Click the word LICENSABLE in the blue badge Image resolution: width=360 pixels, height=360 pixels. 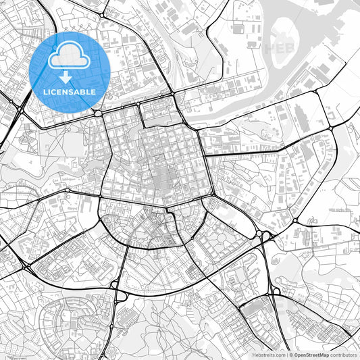click(x=70, y=91)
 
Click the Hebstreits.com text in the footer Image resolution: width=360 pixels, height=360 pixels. click(x=267, y=355)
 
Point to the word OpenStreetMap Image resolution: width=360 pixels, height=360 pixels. click(x=311, y=355)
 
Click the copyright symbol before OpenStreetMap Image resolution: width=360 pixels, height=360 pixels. click(x=291, y=355)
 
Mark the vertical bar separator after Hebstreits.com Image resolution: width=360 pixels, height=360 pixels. click(x=286, y=355)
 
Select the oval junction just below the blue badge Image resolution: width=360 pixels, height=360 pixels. click(x=99, y=113)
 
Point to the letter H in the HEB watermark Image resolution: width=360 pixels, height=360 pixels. click(x=269, y=48)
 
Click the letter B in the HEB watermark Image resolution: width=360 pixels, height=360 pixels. click(x=291, y=48)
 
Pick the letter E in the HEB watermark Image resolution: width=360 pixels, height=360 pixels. click(x=280, y=48)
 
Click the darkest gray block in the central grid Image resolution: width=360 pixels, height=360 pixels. click(x=162, y=184)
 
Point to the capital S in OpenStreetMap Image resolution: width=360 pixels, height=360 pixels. click(x=307, y=355)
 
